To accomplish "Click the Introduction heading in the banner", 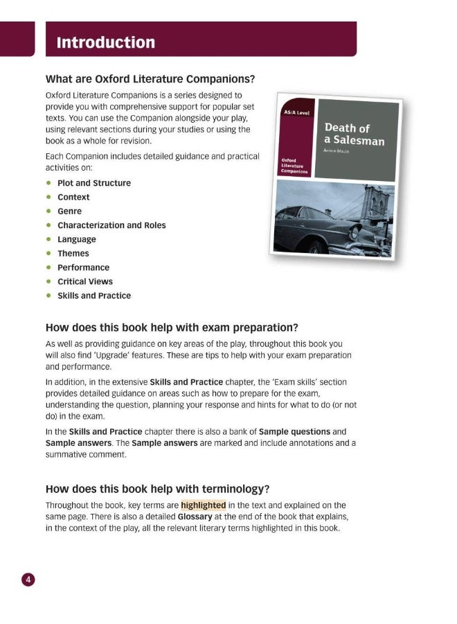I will click(x=106, y=42).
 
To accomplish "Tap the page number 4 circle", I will click(x=28, y=580).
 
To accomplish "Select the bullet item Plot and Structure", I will click(x=93, y=183).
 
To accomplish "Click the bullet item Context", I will click(x=73, y=197).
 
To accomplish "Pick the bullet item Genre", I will click(x=69, y=211).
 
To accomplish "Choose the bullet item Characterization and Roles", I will click(x=111, y=225).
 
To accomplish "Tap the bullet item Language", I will click(x=77, y=239).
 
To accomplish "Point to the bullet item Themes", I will click(x=73, y=254).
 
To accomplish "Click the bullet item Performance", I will click(x=83, y=268).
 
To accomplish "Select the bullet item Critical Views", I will click(x=84, y=281).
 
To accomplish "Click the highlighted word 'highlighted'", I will click(x=203, y=505).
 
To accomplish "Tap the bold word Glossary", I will click(x=195, y=517).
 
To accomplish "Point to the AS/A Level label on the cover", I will click(x=296, y=113).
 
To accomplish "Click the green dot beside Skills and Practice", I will click(x=48, y=295).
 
